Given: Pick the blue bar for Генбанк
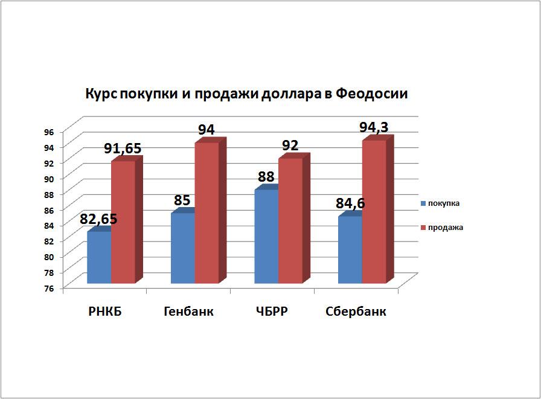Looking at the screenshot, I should pos(183,248).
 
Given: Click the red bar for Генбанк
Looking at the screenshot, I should pos(206,212).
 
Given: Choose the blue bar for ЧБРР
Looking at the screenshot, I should pos(266,237).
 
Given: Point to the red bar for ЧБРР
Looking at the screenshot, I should pos(290,221).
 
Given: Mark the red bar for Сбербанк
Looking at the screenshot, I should pos(374,212).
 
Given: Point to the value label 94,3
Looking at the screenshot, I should pos(374,127).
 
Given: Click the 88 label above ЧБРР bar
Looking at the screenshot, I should pos(266,177).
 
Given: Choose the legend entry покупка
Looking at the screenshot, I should pos(444,203).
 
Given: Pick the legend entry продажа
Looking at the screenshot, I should pos(445,228).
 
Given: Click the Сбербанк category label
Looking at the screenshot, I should pos(356,312).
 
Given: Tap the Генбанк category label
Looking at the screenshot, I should pos(188,312).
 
